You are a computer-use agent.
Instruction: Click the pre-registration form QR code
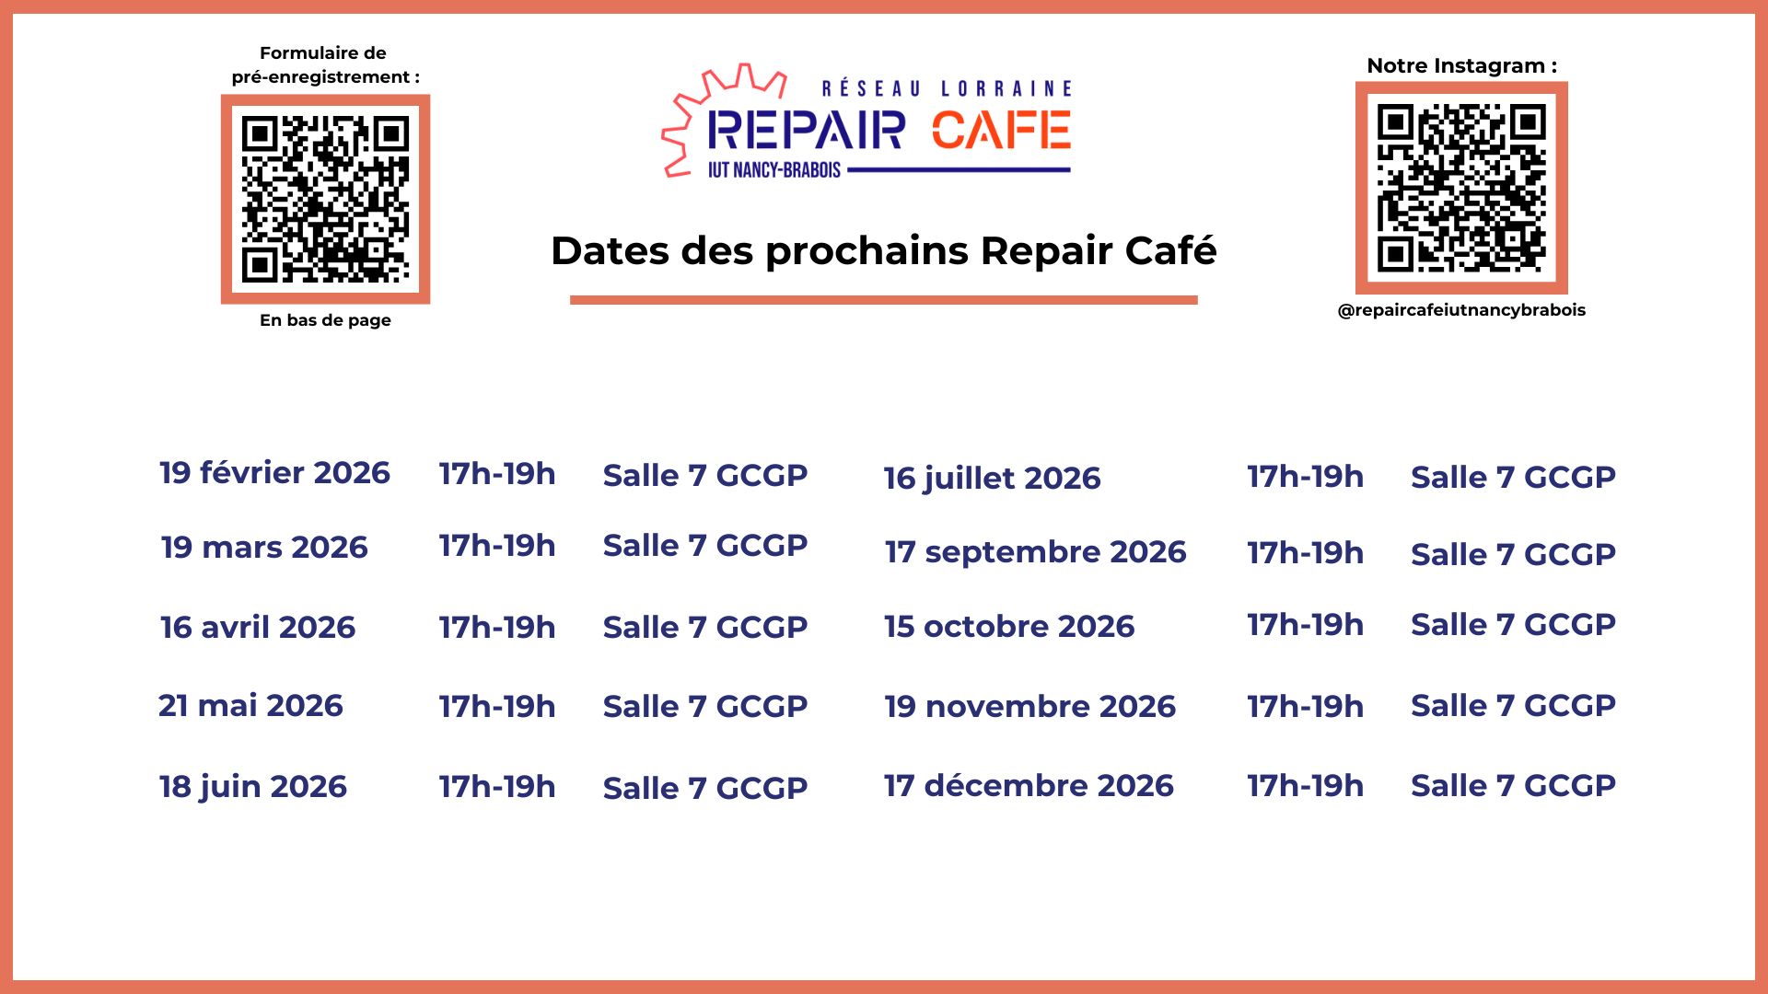coord(325,199)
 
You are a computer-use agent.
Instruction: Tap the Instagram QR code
coord(1461,188)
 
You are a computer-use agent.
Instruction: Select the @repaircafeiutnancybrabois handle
coord(1461,310)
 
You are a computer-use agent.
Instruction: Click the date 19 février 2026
coord(274,472)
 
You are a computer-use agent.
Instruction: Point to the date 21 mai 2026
coord(250,705)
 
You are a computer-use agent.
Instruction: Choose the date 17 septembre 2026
coord(1035,552)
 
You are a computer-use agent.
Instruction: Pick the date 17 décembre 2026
coord(1029,785)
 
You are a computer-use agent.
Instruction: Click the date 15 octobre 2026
coord(1009,626)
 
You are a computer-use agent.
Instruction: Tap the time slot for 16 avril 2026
coord(497,627)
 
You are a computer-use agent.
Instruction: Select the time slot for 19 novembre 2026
coord(1305,706)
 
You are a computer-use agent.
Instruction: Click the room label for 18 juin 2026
coord(705,788)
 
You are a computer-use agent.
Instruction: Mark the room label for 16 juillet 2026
coord(1513,477)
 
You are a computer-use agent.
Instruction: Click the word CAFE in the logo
coord(1001,130)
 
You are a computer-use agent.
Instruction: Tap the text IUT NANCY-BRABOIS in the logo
coord(774,170)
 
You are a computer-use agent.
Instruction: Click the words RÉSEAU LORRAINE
coord(947,88)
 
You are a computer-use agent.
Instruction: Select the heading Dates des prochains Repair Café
coord(884,250)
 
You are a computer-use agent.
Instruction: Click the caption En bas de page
coord(325,320)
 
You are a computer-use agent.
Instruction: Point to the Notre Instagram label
coord(1461,65)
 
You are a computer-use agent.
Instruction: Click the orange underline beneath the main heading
coord(884,300)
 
